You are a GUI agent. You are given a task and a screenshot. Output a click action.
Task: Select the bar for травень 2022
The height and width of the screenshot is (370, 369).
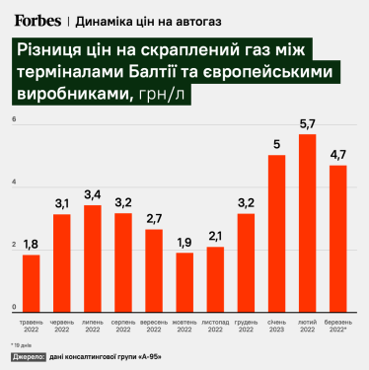pos(31,280)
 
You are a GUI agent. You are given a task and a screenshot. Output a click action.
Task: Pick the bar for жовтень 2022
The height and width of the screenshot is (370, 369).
pos(184,279)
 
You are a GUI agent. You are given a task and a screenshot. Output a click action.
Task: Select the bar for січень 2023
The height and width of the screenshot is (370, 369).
pos(276,231)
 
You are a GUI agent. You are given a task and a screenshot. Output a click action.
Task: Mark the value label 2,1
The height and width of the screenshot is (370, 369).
pos(215,237)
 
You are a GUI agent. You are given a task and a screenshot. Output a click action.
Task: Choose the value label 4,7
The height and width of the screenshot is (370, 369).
pos(337,155)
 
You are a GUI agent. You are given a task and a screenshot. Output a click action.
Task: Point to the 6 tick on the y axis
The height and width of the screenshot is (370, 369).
pos(14,120)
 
